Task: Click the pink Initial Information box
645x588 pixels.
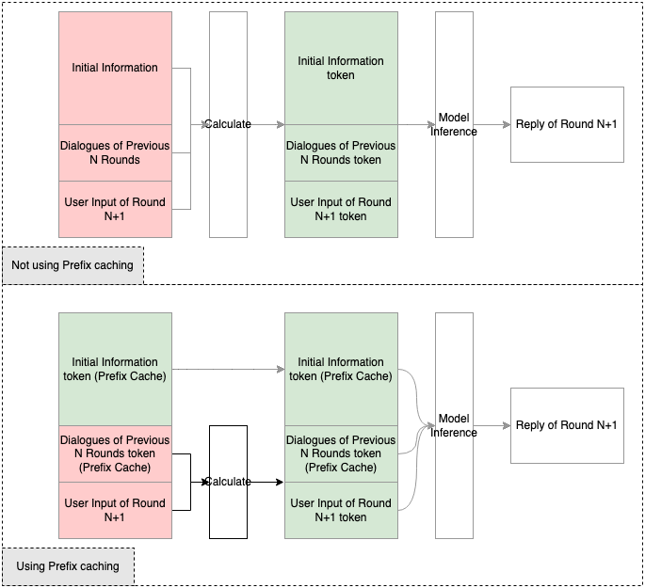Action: point(115,68)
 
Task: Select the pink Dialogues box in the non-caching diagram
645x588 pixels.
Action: point(115,152)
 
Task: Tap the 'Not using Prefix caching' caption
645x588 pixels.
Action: point(73,266)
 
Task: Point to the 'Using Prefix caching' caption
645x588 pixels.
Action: point(68,566)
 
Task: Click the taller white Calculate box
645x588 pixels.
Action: point(228,124)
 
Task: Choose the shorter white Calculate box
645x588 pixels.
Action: point(228,482)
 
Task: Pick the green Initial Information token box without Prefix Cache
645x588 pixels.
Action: point(341,68)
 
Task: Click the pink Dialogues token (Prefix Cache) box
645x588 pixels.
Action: point(115,453)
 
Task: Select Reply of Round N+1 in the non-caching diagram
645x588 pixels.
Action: point(567,124)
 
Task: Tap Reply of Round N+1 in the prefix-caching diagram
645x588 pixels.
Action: point(567,425)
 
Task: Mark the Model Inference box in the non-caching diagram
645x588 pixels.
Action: point(454,124)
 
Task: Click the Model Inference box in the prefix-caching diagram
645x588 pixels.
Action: point(454,425)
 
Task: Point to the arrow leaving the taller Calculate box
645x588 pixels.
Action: point(266,124)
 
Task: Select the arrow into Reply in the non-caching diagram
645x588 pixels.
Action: point(492,124)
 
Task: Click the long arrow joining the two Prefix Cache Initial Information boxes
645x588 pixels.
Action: point(228,370)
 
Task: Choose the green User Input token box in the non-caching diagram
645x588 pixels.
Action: point(341,209)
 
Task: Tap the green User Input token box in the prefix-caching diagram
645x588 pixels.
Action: point(341,510)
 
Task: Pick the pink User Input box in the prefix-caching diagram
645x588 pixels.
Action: point(115,510)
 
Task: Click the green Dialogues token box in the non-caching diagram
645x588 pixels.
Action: point(341,153)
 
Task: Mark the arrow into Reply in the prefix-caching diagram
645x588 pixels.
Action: point(492,425)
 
